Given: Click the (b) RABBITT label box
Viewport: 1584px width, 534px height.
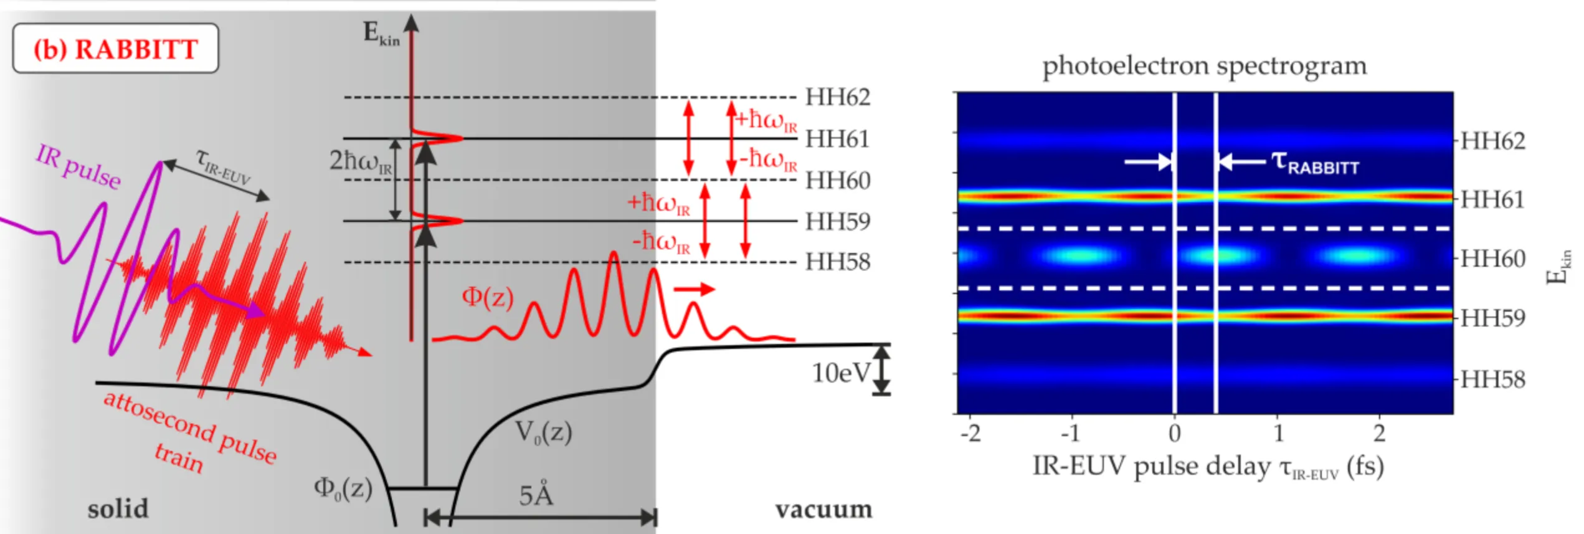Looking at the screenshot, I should pos(115,49).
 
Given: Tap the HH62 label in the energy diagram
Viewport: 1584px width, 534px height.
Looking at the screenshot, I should pos(837,97).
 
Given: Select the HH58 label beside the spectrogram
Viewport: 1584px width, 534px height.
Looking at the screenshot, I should pos(1492,379).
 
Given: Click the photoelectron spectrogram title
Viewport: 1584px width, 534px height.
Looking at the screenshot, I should pos(1204,65).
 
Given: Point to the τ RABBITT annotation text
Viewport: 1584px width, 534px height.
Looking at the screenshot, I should pos(1315,163).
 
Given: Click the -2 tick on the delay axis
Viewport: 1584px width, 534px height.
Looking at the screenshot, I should pos(970,433).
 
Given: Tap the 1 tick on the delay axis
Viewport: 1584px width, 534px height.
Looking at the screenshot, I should pos(1278,433).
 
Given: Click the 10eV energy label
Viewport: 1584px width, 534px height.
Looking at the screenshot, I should pos(840,373).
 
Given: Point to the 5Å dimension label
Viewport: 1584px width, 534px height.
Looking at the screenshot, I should pos(536,495).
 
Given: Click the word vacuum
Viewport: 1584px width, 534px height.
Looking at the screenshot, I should pos(823,510).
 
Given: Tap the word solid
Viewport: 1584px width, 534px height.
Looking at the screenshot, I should pos(118,509).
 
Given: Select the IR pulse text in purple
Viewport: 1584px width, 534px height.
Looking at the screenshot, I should pos(78,167).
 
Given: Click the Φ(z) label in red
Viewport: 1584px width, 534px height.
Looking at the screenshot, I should pos(487,297).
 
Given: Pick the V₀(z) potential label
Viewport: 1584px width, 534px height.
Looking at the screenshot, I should pos(543,432).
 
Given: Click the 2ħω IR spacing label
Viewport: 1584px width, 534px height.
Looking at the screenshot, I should pos(361,161).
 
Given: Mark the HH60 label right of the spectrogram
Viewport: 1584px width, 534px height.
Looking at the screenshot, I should pos(1492,259).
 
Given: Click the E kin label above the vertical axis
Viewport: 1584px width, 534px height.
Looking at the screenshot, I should pos(381,33).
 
